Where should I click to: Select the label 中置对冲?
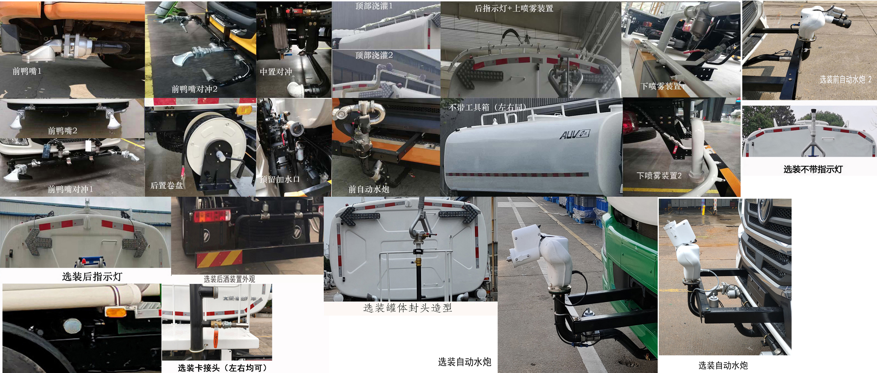pos(276,72)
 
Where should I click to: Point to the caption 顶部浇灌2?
pos(374,55)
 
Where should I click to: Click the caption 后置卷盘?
pos(166,185)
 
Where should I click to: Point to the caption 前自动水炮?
pos(368,189)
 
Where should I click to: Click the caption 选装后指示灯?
pos(92,276)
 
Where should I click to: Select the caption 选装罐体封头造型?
pos(408,308)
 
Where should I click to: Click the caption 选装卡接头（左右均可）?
pos(223,368)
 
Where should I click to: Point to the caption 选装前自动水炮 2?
pos(845,80)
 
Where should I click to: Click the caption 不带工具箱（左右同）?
pos(487,107)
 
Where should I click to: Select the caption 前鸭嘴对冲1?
pos(70,189)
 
